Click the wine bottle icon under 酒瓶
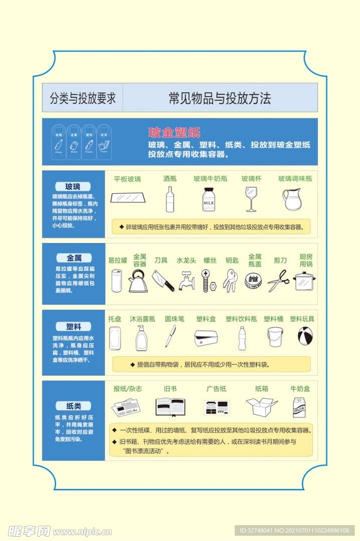[170, 199]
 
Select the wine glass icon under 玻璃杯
[251, 199]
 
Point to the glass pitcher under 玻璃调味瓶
[291, 199]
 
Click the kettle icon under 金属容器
[138, 281]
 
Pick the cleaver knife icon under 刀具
[163, 281]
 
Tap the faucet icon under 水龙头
[186, 281]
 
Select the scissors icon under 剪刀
[278, 281]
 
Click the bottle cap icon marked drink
[253, 281]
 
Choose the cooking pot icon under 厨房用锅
[304, 281]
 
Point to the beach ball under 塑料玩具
[304, 336]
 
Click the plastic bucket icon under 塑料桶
[274, 337]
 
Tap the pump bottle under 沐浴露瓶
[141, 338]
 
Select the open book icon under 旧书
[170, 407]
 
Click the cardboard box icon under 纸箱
[261, 407]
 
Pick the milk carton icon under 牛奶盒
[299, 407]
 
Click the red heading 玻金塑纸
[174, 133]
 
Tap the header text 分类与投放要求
[82, 98]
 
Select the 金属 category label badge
[73, 258]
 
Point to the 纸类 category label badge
[73, 406]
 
